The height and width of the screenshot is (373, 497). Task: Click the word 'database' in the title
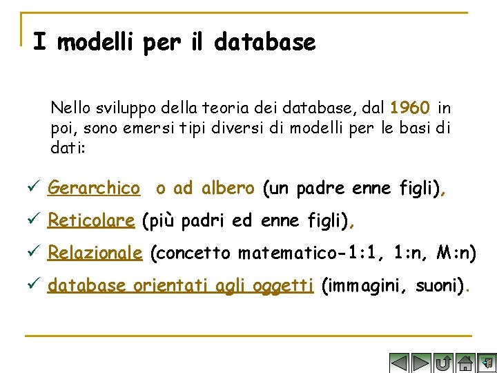[265, 43]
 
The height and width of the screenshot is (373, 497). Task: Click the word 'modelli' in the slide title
[96, 43]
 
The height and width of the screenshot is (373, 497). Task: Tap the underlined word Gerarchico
[94, 188]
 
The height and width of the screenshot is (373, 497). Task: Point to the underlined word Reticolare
[90, 221]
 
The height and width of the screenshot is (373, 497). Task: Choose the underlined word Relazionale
[95, 254]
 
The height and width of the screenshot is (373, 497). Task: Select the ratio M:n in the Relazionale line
[457, 254]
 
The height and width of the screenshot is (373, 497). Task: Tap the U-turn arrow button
[443, 363]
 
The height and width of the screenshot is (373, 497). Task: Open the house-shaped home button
[465, 363]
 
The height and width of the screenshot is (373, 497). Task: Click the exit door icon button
[487, 363]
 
